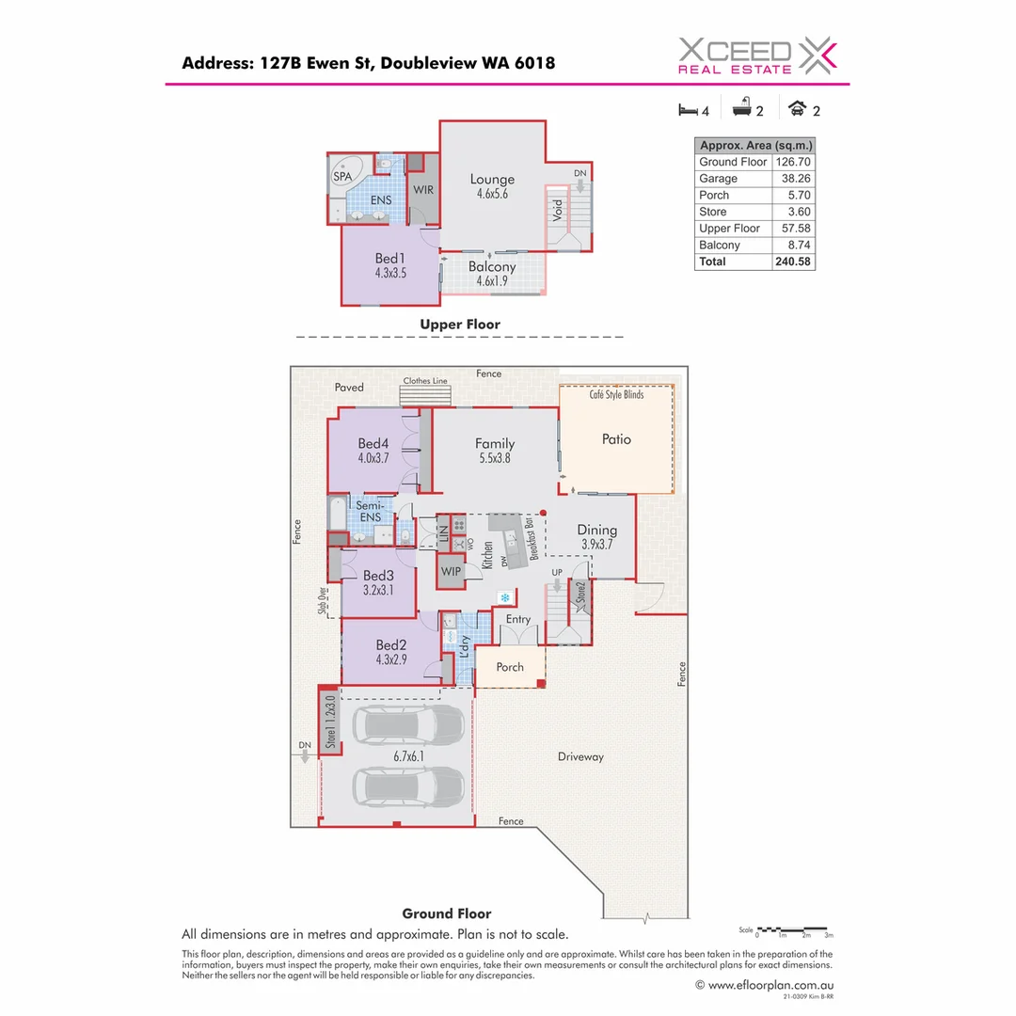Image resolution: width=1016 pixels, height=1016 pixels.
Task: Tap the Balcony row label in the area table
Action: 720,245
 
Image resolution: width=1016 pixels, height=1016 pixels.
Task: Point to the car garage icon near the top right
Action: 799,109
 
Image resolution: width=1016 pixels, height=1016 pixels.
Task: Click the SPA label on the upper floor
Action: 342,176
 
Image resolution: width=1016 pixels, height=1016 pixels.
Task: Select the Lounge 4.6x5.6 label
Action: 492,186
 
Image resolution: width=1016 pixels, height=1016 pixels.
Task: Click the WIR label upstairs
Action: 424,188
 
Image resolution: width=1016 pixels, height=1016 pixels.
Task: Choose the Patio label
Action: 616,439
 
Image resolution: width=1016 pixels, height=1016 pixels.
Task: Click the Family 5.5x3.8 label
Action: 494,451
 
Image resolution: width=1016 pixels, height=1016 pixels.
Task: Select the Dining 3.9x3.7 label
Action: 596,536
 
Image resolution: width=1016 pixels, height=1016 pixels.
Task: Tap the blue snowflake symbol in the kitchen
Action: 506,598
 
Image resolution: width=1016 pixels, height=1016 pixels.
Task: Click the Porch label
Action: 510,668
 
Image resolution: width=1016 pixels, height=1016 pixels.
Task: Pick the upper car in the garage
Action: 408,723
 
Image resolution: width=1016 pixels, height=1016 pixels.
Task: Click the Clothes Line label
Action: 425,381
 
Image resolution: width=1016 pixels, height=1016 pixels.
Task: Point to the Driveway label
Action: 580,756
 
